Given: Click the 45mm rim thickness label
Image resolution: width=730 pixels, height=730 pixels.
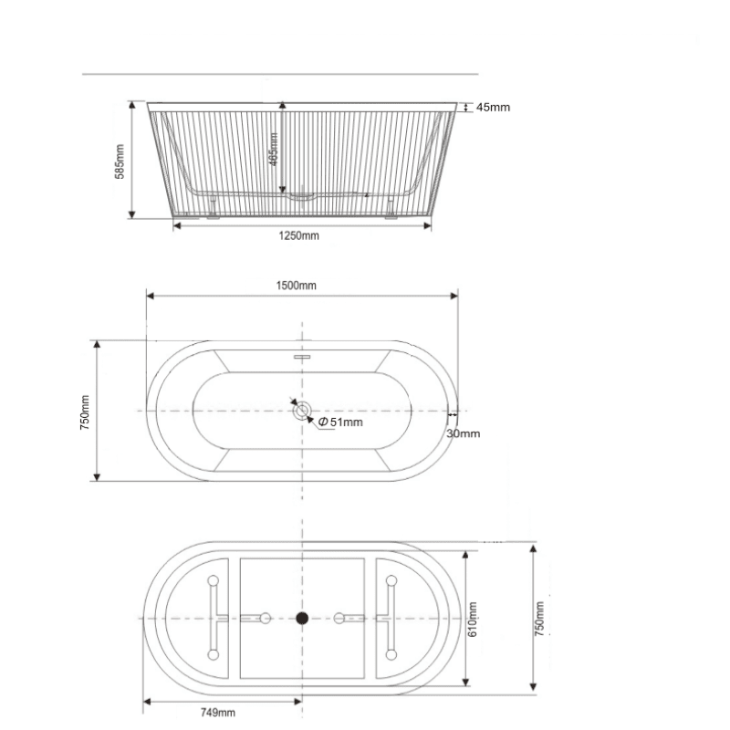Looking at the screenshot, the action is click(493, 108).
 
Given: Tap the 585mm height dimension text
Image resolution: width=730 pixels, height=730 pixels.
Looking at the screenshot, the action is click(120, 162).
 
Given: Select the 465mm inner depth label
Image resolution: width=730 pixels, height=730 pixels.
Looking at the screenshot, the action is click(273, 150).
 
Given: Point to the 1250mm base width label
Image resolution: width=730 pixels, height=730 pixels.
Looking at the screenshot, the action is click(299, 235).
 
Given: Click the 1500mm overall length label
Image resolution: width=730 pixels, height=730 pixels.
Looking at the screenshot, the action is click(296, 286).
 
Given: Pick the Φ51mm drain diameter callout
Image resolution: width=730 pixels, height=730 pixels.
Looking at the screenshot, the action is click(340, 422).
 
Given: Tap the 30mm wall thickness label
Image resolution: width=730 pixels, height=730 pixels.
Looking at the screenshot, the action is click(464, 434).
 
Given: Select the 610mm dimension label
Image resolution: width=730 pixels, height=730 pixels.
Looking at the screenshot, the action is click(472, 620).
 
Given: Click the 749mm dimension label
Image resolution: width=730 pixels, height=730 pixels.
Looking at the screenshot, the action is click(218, 713).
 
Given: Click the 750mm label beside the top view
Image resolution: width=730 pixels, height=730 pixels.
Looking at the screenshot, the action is click(85, 412).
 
